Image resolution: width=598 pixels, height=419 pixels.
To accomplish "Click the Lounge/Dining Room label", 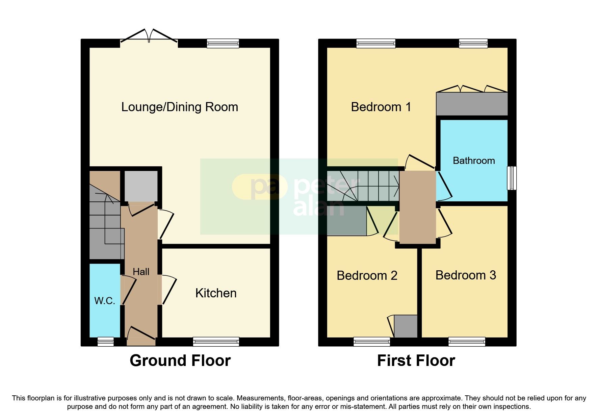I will [x=180, y=107].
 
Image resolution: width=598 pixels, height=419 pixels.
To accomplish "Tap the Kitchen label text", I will [x=216, y=293].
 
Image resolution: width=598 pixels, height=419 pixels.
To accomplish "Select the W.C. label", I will [x=105, y=301].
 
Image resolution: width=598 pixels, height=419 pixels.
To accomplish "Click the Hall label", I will [x=141, y=272].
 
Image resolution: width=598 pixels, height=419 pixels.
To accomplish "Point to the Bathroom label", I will [x=474, y=161].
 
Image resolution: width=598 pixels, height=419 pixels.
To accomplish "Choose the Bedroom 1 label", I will [x=381, y=107].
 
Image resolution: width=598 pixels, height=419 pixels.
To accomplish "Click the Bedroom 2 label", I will [x=367, y=275].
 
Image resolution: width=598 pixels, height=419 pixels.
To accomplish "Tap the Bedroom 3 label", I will [x=466, y=275].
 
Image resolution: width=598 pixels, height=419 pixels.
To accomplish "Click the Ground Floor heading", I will [x=180, y=361].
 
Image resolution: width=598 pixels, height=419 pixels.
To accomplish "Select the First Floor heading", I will [x=416, y=361].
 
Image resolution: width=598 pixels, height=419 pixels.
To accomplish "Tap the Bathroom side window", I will [x=512, y=178].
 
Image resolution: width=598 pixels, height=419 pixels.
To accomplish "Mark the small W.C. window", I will [x=105, y=342].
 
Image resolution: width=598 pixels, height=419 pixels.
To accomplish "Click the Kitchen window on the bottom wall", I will [x=216, y=342].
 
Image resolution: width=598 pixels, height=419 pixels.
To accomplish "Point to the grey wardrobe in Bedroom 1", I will [x=472, y=104].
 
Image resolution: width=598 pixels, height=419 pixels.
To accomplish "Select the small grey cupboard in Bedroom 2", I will [x=406, y=326].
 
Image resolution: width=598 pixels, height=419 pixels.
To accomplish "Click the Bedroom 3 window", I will [x=467, y=342].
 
